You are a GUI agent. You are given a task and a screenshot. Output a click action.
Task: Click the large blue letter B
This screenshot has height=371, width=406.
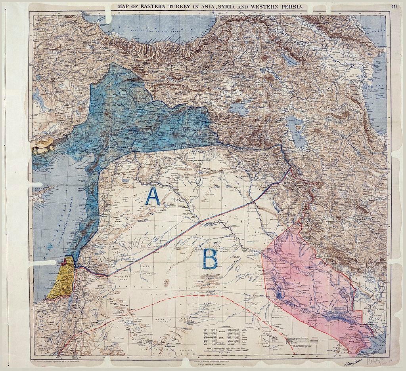(210, 260)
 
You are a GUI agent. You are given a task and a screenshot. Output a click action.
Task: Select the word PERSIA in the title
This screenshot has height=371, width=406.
(290, 7)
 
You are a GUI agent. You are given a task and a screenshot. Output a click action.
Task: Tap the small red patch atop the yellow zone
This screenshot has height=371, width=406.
(63, 261)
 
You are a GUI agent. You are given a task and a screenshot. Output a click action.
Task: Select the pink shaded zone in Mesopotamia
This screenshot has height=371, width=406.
(305, 277)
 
